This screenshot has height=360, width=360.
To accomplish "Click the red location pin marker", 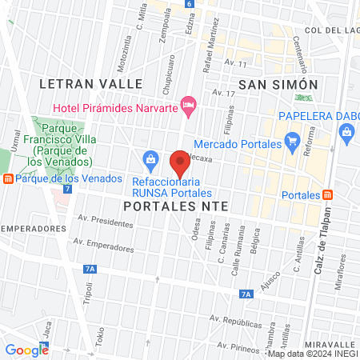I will click(x=181, y=163).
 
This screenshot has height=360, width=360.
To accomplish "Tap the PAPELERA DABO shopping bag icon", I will click(x=346, y=133).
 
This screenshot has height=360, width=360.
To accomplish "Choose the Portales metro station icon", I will click(x=328, y=195).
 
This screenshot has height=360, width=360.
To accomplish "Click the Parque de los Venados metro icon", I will click(x=8, y=178).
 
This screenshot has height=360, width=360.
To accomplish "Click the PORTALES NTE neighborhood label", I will click(x=176, y=206).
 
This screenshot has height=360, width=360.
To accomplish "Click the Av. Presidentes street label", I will click(x=105, y=218).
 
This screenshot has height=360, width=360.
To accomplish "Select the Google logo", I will click(x=26, y=350).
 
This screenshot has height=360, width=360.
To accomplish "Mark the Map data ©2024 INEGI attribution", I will click(x=312, y=354).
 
